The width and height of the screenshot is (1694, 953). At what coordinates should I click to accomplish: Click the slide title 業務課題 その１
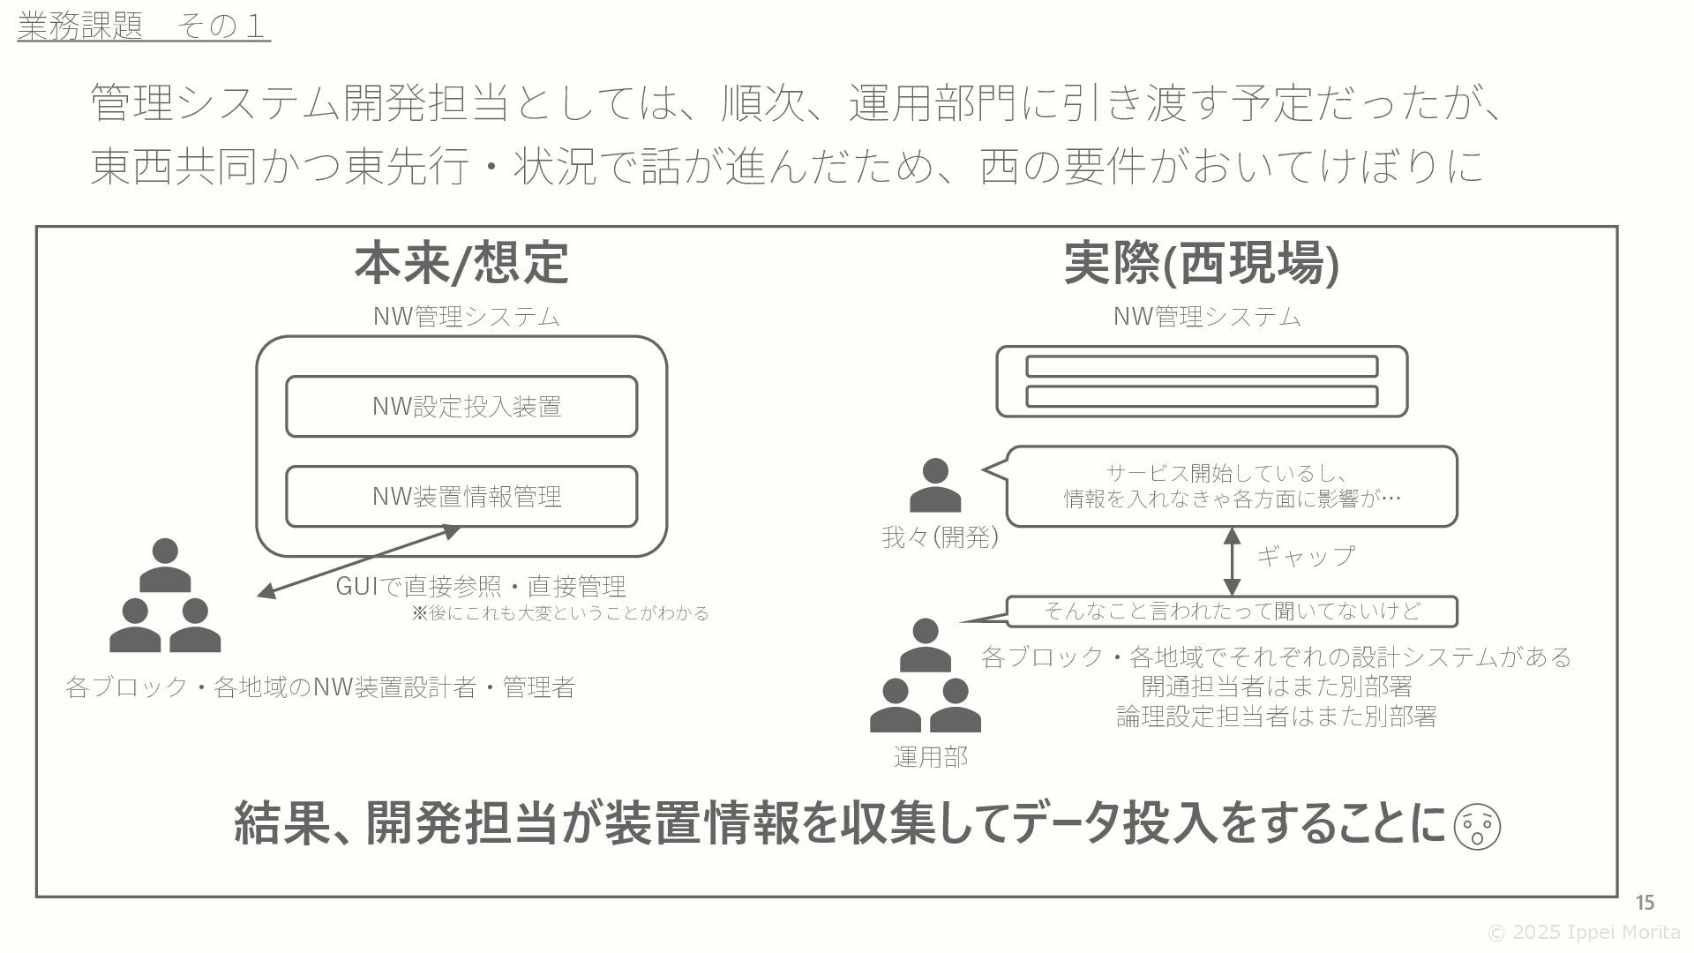[x=143, y=26]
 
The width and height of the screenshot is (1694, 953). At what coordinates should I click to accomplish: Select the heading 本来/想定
[x=461, y=263]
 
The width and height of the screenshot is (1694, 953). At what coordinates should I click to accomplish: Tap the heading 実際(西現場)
[x=1201, y=263]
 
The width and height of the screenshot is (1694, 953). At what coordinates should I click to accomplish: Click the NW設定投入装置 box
[x=461, y=407]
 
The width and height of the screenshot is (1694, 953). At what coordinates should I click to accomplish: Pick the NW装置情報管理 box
[x=461, y=497]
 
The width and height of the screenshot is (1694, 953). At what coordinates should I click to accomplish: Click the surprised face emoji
[x=1476, y=827]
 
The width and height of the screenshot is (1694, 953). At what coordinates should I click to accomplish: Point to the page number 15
[x=1645, y=903]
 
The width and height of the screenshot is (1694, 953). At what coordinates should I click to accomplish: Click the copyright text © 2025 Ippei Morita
[x=1583, y=933]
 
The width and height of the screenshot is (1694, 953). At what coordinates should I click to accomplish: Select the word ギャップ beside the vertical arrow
[x=1305, y=556]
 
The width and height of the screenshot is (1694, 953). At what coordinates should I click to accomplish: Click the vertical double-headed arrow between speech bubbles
[x=1233, y=561]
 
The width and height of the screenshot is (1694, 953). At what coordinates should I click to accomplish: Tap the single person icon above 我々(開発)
[x=934, y=485]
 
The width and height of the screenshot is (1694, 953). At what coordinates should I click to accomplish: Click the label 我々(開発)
[x=940, y=537]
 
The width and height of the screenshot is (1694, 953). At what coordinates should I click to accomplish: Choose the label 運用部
[x=930, y=757]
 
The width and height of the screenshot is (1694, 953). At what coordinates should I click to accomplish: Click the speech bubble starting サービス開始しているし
[x=1232, y=486]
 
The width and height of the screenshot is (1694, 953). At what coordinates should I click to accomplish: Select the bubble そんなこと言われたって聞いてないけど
[x=1232, y=611]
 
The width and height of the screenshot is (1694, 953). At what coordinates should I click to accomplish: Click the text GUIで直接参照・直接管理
[x=481, y=586]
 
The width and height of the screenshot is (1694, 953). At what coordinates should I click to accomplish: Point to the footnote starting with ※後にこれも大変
[x=560, y=613]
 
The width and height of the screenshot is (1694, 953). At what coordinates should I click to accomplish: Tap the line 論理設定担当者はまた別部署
[x=1276, y=717]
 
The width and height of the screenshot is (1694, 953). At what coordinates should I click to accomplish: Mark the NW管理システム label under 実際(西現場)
[x=1206, y=317]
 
